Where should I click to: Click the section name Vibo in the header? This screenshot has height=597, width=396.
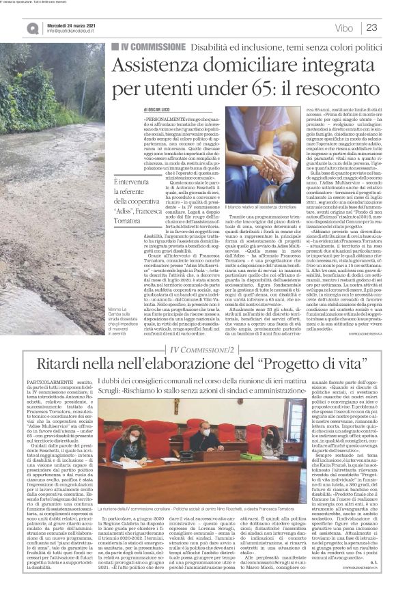pyautogui.click(x=345, y=28)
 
